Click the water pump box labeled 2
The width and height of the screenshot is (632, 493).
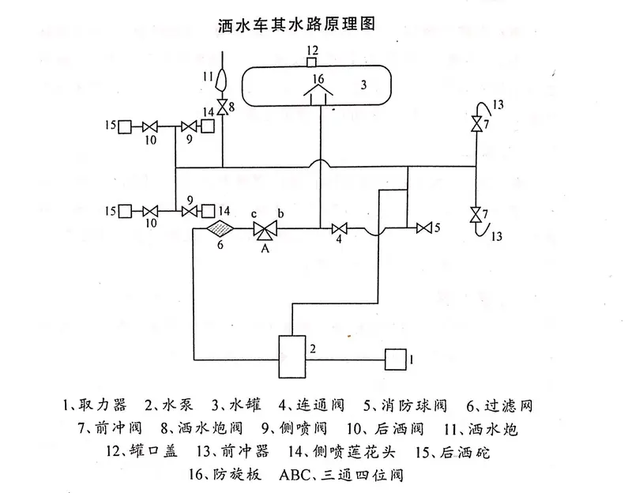tap(292, 357)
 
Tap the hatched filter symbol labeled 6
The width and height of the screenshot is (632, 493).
tap(220, 229)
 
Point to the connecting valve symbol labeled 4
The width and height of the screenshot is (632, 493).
tap(339, 229)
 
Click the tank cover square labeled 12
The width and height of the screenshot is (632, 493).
tap(312, 62)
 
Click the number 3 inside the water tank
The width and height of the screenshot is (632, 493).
tap(363, 84)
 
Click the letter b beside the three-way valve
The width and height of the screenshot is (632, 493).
tap(279, 215)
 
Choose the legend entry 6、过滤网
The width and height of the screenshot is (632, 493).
tap(498, 407)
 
